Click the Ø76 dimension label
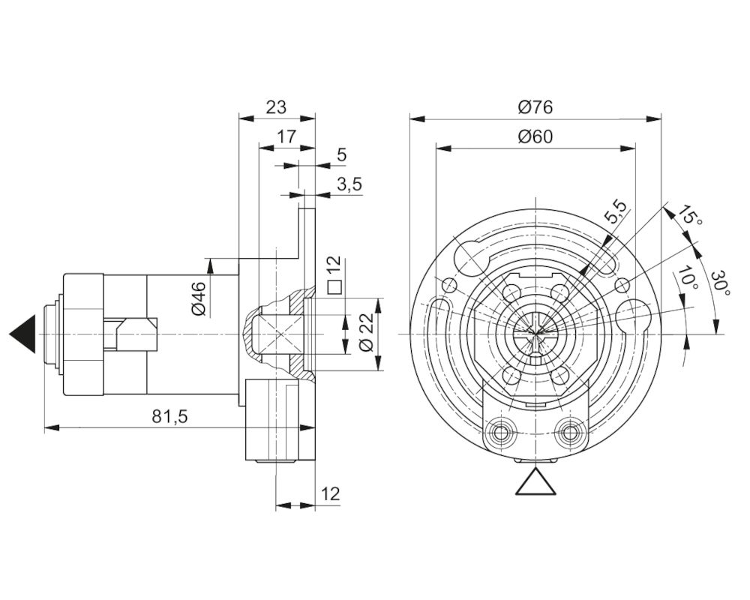tap(535, 107)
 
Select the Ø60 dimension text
tap(535, 136)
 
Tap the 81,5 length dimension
tap(169, 417)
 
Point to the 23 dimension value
tap(276, 107)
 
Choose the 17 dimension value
tap(286, 136)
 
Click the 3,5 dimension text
tap(349, 184)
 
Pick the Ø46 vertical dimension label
tap(199, 298)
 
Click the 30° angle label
tap(720, 283)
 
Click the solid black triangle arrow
tap(22, 334)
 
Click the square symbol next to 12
tap(334, 286)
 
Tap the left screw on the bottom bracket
tap(501, 433)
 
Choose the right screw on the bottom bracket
tap(569, 433)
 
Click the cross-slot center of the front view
tap(535, 334)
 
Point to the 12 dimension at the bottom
tap(330, 493)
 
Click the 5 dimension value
tap(341, 155)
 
